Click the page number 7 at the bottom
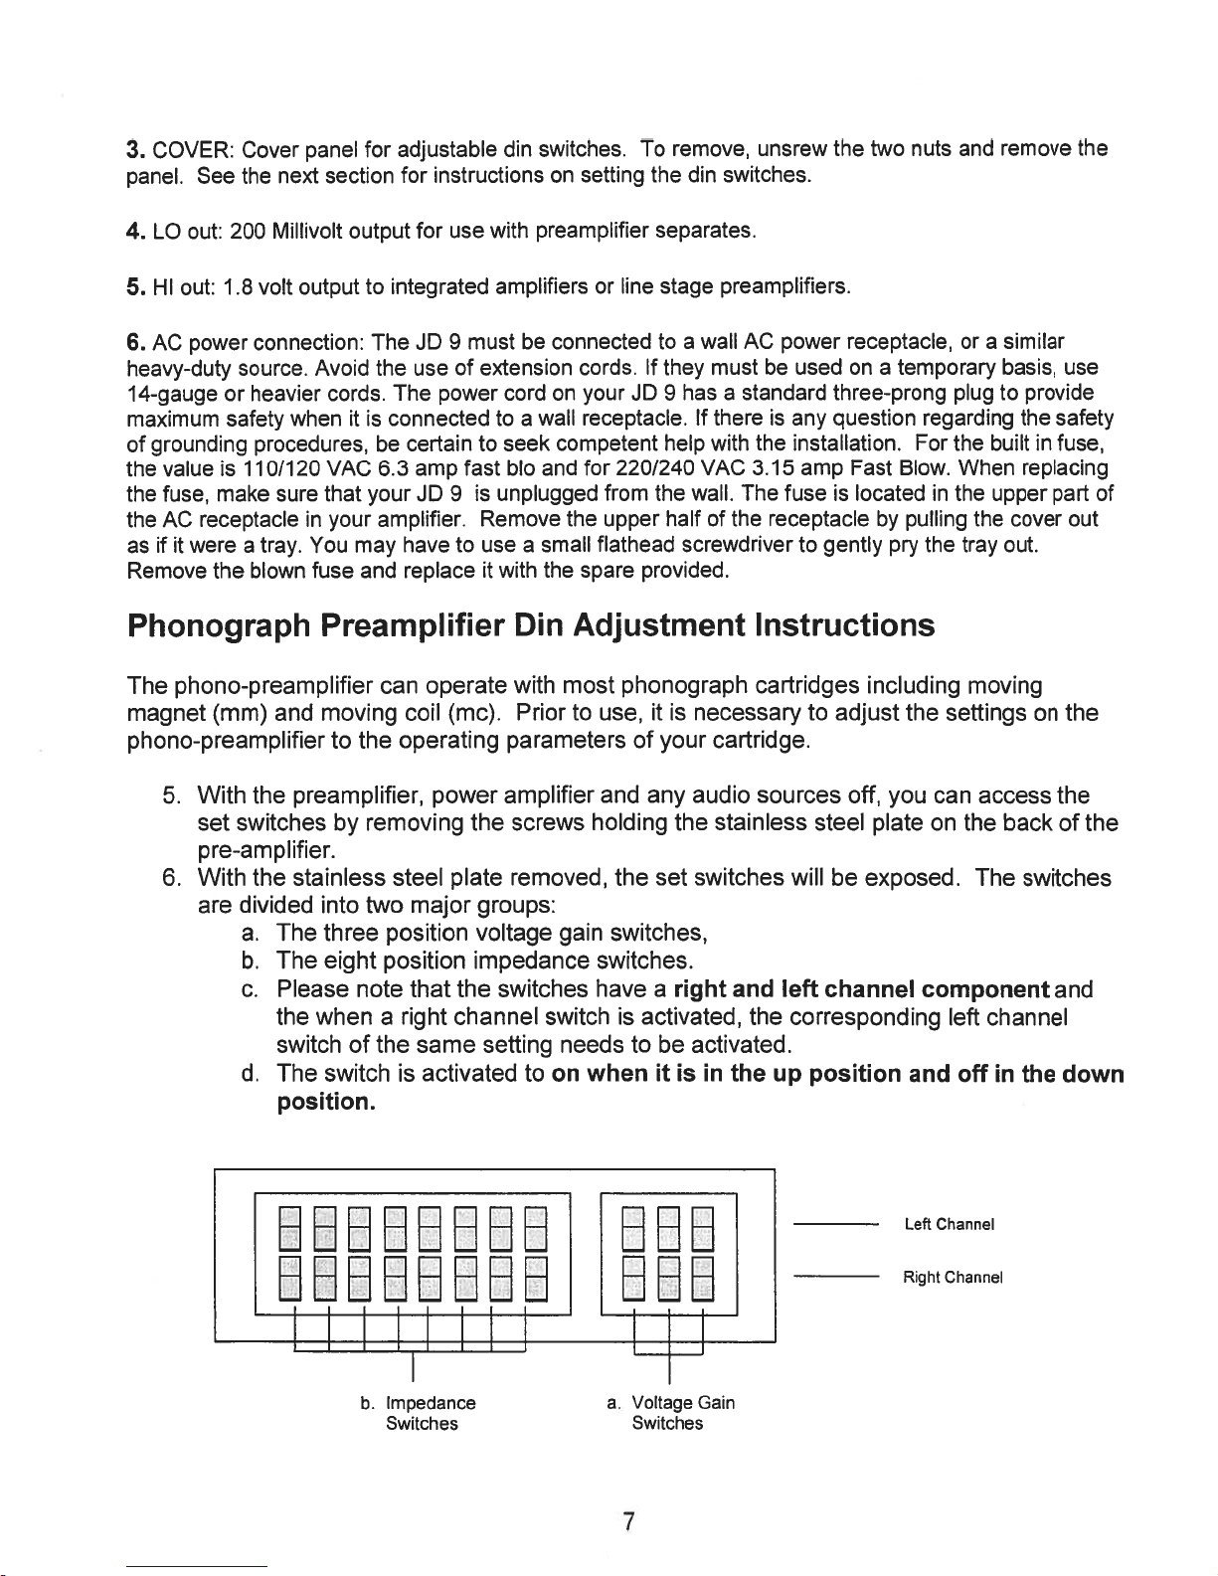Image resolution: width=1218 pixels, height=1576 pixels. click(x=628, y=1522)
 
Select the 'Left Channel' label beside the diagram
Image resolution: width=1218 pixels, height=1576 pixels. click(x=950, y=1224)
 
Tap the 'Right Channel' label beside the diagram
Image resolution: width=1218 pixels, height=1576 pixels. click(x=953, y=1277)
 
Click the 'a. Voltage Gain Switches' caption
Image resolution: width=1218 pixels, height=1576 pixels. click(x=671, y=1413)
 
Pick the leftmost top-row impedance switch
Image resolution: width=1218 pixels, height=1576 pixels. click(x=289, y=1226)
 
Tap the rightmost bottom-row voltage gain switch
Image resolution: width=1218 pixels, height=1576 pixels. click(x=703, y=1278)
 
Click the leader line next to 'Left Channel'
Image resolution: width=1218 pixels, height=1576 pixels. click(x=835, y=1224)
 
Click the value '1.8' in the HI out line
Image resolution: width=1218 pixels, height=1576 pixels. click(x=239, y=289)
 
